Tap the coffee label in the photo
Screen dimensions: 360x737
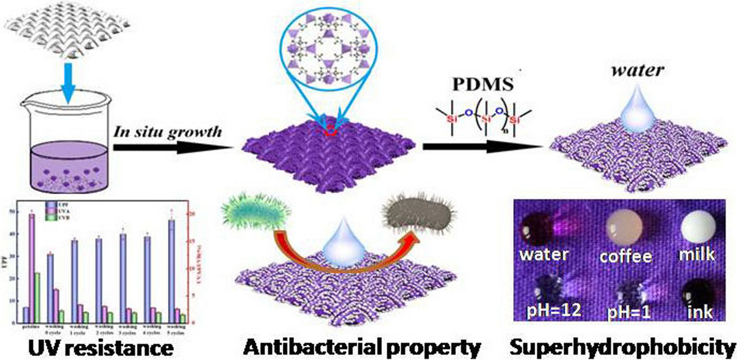tap(625, 256)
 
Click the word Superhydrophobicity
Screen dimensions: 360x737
tap(623, 347)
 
